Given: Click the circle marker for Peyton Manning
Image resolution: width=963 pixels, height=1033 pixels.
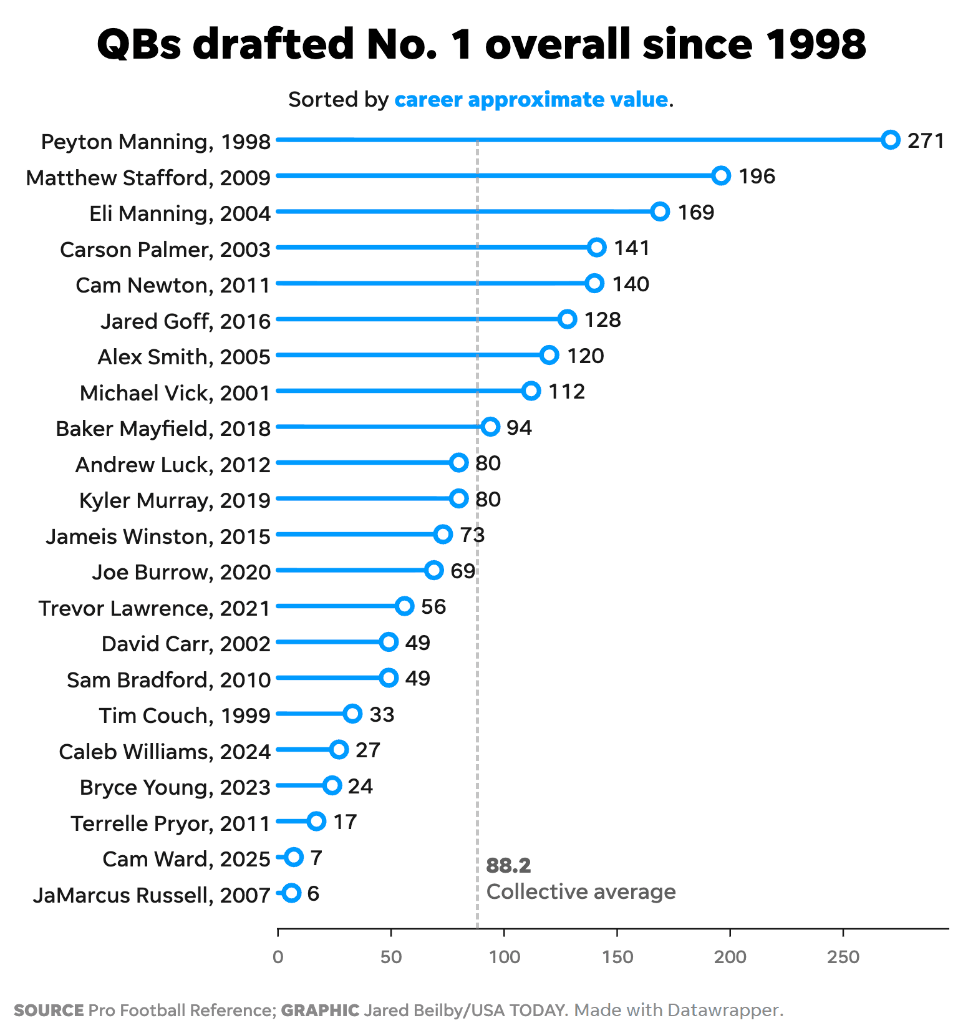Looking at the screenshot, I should click(x=891, y=140).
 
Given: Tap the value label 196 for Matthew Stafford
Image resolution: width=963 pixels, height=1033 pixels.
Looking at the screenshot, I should click(x=757, y=177).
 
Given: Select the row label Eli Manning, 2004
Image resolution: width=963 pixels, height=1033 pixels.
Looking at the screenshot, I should click(x=180, y=213).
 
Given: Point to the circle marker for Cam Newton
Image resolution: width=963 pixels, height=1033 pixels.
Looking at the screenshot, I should click(x=594, y=283).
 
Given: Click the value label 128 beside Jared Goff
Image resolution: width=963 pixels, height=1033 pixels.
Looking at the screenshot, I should click(x=602, y=320).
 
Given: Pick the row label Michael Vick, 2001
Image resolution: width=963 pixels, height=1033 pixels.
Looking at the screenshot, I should click(x=175, y=393).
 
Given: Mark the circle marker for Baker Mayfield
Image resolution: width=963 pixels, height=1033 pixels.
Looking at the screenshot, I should click(x=491, y=427).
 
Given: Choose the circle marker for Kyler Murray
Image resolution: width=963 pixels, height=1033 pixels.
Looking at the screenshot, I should click(x=459, y=498).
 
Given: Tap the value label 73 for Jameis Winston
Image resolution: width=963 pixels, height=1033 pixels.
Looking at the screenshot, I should click(x=472, y=535).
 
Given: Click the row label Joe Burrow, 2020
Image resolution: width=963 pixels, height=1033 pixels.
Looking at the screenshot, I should click(x=181, y=572).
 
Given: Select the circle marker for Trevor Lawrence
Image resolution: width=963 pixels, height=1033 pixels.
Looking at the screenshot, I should click(x=405, y=606).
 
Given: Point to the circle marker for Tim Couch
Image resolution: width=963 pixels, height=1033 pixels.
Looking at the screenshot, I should click(x=353, y=714).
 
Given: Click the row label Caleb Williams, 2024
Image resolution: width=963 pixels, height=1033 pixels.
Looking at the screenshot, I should click(x=165, y=752).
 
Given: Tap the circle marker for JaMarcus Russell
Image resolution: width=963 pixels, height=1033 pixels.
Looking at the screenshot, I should click(x=291, y=893).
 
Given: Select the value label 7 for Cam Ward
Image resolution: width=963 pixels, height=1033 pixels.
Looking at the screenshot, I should click(x=316, y=858).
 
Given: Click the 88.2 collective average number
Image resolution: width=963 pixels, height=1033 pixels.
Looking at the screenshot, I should click(x=508, y=866).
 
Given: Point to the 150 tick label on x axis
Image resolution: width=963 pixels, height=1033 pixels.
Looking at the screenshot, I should click(x=617, y=957).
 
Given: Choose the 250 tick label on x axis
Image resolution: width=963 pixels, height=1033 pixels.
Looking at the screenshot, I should click(x=843, y=957).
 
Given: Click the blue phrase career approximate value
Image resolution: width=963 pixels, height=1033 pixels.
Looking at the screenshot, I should click(x=531, y=100).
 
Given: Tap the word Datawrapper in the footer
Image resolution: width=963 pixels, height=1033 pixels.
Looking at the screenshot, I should click(x=723, y=1010).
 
